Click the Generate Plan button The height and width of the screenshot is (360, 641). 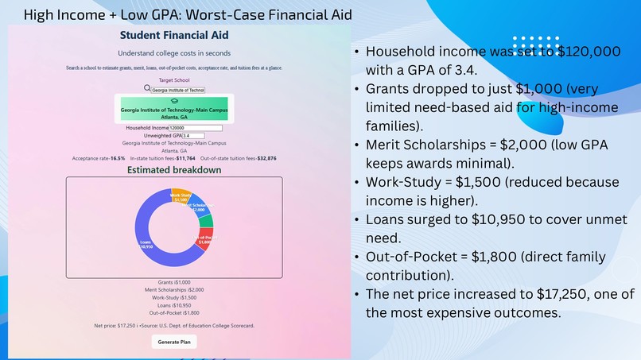[174, 342]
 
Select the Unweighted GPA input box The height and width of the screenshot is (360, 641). [193, 136]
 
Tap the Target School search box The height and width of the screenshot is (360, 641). [178, 90]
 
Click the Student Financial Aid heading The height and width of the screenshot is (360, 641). [174, 35]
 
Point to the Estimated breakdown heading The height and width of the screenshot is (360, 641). [174, 170]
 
